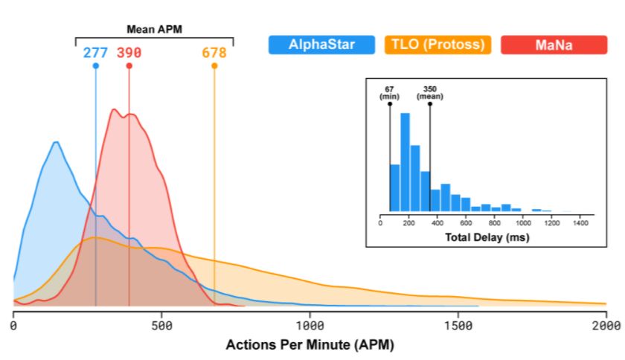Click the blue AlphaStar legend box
point(322,45)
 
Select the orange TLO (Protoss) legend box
point(438,45)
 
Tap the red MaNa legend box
point(554,45)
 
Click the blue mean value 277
point(95,53)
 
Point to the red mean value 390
point(129,53)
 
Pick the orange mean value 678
point(214,53)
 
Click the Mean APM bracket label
point(154,30)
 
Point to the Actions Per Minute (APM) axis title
point(310,345)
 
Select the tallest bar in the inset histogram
point(405,163)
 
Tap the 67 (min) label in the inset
point(390,92)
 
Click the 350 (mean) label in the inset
point(429,92)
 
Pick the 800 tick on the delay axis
point(495,222)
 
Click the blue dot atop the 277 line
point(95,66)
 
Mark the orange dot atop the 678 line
point(214,66)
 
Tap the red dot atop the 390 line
point(129,66)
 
